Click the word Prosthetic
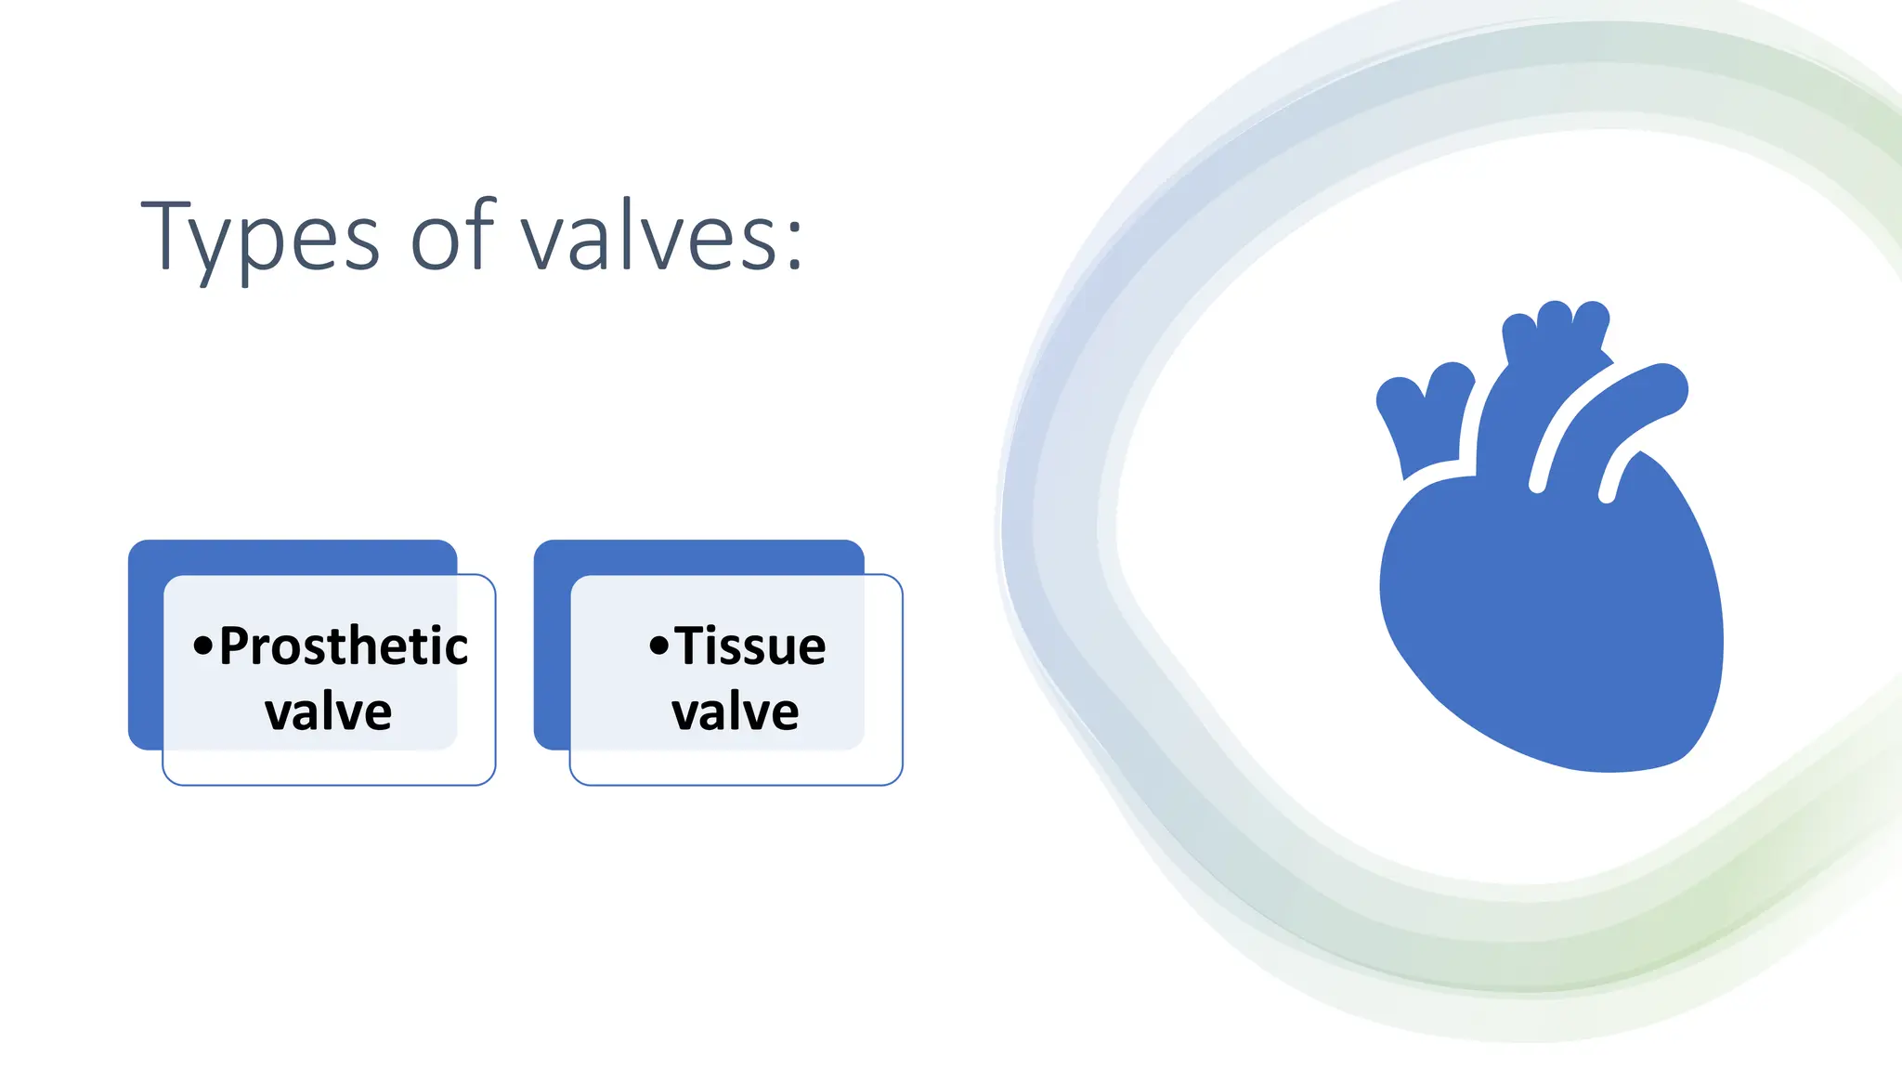pyautogui.click(x=343, y=646)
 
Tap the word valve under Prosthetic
pyautogui.click(x=328, y=712)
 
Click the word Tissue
pyautogui.click(x=749, y=646)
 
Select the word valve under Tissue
pyautogui.click(x=735, y=712)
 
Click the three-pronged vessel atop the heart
pyautogui.click(x=1557, y=334)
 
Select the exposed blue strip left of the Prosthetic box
pyautogui.click(x=145, y=650)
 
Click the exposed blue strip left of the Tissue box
pyautogui.click(x=551, y=650)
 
